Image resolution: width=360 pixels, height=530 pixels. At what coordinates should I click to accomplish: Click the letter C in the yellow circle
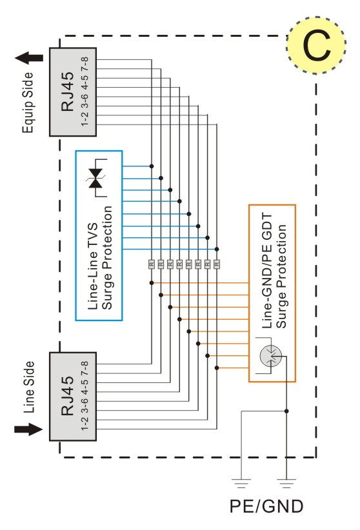point(317,46)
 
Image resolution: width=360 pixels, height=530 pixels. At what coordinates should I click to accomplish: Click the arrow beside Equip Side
point(29,58)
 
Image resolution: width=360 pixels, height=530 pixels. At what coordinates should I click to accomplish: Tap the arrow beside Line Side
point(28,429)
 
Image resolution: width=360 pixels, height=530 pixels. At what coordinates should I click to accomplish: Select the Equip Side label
point(28,103)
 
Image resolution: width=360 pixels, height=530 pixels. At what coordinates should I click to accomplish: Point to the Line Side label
point(29,387)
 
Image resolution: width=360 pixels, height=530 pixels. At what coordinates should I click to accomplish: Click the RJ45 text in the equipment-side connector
point(67,92)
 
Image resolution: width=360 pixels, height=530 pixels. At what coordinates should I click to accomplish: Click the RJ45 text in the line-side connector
point(67,395)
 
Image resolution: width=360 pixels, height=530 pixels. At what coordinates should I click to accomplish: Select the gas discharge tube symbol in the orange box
point(271,355)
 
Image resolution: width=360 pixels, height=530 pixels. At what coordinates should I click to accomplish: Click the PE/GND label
point(266,506)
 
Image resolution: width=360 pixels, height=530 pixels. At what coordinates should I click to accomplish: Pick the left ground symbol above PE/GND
point(241,484)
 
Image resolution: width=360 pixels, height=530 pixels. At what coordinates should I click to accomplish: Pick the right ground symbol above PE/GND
point(286,484)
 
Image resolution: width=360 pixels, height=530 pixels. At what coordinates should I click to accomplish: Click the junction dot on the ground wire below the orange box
point(286,411)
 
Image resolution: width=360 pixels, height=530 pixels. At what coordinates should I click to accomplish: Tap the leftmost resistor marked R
point(152,264)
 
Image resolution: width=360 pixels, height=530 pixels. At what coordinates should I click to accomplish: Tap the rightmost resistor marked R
point(217,264)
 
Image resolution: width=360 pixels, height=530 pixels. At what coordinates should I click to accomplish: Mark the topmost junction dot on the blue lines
point(152,166)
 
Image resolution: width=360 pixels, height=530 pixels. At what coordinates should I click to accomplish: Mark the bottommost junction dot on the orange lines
point(217,368)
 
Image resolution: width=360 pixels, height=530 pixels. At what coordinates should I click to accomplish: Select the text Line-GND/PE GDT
point(267,270)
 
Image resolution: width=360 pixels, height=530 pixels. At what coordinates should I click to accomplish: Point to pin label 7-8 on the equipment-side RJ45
point(85,64)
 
